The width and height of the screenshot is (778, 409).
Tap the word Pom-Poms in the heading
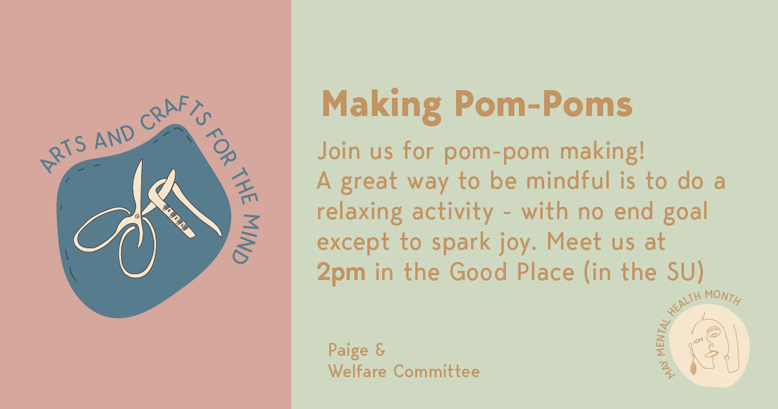point(543,104)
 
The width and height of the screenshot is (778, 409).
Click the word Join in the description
point(339,151)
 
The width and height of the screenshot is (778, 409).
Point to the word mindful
point(568,180)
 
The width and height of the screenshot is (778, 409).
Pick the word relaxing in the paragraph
point(360,212)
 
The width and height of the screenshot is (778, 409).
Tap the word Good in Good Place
point(478,272)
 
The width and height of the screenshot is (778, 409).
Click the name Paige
point(348,351)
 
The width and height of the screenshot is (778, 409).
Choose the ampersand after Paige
point(380,349)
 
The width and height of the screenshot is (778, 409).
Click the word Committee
point(437,371)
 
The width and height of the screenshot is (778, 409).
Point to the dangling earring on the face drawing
point(693,366)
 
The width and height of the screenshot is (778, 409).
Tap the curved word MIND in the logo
point(247,239)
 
